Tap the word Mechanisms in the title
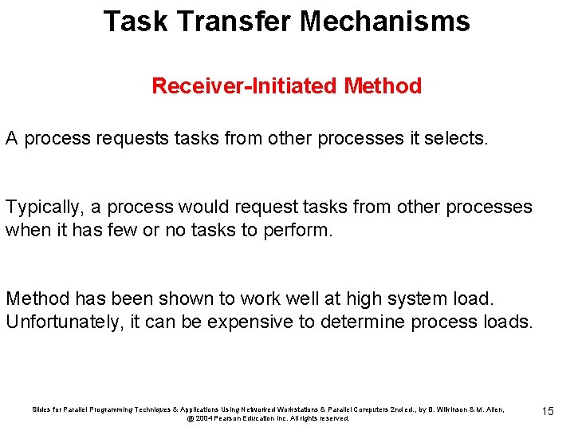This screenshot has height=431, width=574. (x=385, y=22)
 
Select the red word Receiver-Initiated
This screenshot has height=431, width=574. (x=245, y=86)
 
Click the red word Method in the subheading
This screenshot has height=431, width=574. (x=383, y=86)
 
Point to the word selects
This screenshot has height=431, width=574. (x=459, y=138)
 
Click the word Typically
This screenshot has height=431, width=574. (x=43, y=208)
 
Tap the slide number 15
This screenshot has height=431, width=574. (x=548, y=411)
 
